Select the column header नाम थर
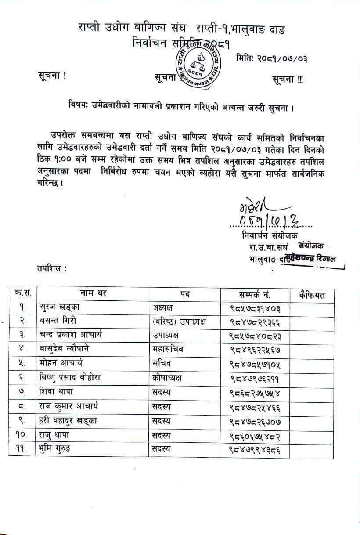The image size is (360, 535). [93, 293]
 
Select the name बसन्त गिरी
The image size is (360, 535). [60, 322]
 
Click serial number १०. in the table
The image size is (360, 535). [22, 435]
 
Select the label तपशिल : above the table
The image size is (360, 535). [52, 267]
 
